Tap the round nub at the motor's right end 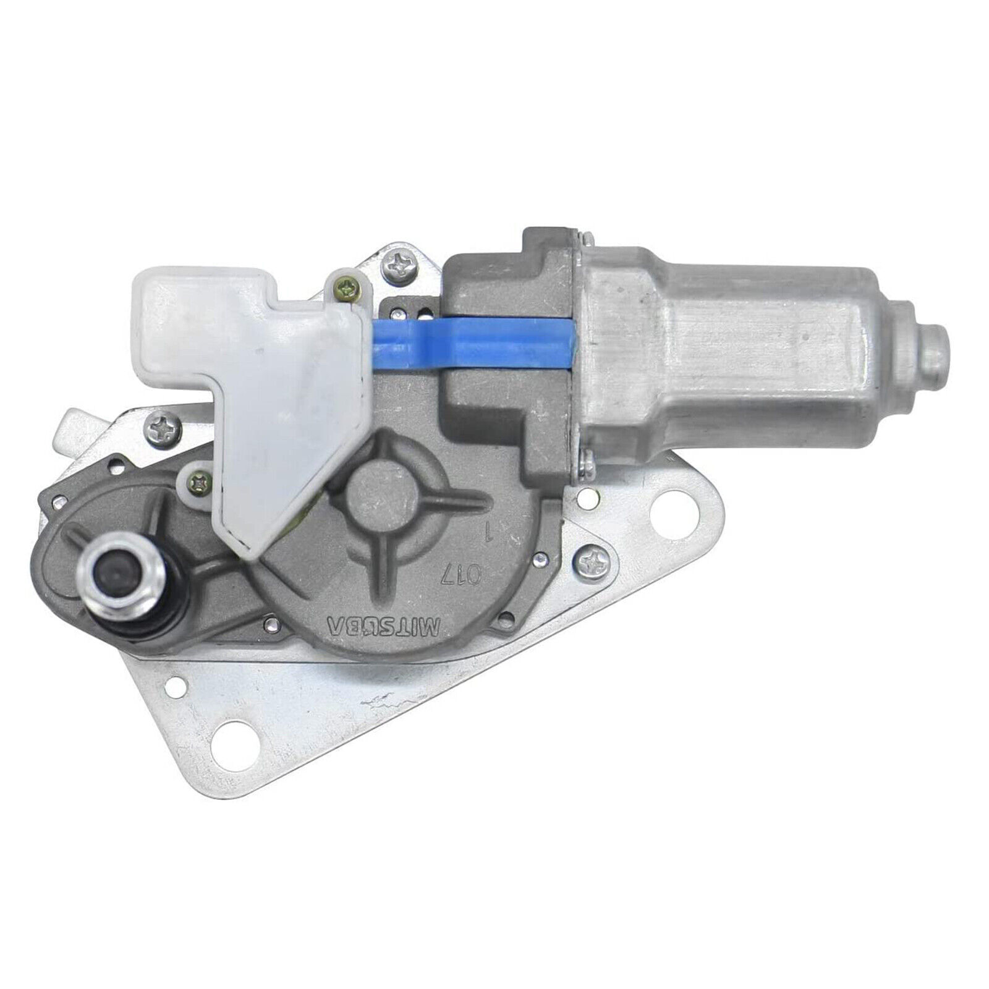pos(932,348)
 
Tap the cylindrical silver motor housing pos(742,346)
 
